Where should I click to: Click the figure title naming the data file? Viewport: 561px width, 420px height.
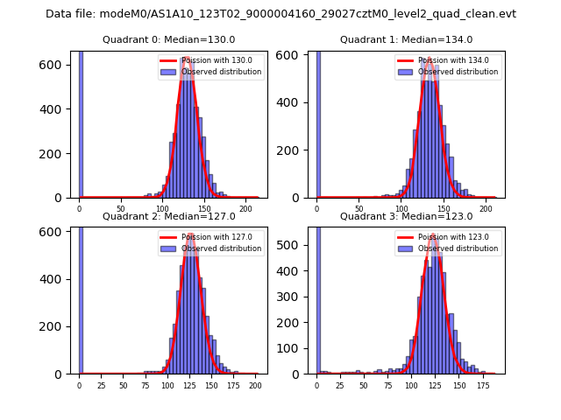(x=280, y=14)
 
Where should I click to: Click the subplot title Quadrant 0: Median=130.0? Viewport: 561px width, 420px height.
(x=169, y=39)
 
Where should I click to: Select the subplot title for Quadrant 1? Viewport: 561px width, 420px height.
(x=407, y=39)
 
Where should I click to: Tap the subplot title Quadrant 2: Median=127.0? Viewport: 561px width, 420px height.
(x=169, y=216)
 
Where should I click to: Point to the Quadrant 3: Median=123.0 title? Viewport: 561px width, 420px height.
(x=407, y=216)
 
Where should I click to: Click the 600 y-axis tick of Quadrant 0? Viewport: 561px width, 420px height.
(x=55, y=65)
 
